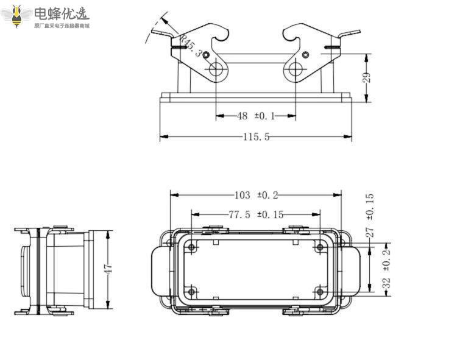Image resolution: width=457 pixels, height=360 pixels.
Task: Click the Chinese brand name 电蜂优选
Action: coord(61,13)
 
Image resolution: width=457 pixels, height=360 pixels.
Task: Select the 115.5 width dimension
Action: coord(256,137)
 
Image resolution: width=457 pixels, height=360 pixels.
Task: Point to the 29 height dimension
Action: coord(366,78)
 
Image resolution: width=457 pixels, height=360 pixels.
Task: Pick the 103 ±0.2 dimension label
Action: coord(256,195)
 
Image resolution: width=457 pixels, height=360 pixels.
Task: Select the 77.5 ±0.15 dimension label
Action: coord(256,214)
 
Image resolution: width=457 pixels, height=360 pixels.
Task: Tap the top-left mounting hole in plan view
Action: coord(192,247)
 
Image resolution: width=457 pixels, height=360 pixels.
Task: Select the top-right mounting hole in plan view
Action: coord(319,247)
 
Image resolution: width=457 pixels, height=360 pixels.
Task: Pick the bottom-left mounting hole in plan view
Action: coord(192,292)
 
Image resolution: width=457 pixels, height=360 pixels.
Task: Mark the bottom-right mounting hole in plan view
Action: coord(319,292)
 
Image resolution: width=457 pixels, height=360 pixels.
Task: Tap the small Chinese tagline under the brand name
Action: coord(61,26)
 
